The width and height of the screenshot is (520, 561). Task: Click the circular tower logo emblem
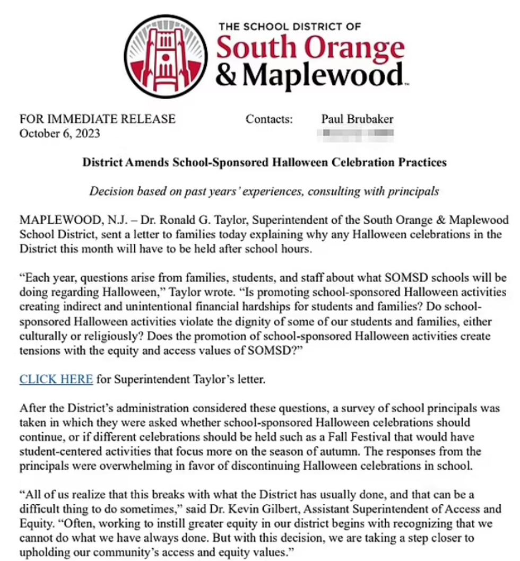(168, 53)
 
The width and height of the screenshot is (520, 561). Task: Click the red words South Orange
(311, 49)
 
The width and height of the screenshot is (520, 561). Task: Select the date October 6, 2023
(59, 133)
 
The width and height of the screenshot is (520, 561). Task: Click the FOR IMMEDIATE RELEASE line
(97, 119)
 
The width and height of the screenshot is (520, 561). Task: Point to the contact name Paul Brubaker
(357, 119)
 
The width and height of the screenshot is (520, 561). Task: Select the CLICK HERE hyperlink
(56, 379)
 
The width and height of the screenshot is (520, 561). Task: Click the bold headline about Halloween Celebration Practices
(264, 162)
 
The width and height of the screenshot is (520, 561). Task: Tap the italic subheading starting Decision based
(264, 191)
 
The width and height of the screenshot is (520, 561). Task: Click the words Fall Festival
(310, 437)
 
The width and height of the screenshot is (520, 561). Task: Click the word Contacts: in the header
(269, 119)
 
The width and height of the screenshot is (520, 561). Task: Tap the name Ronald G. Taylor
(189, 220)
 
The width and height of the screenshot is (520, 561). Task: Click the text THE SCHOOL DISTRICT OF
(290, 26)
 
